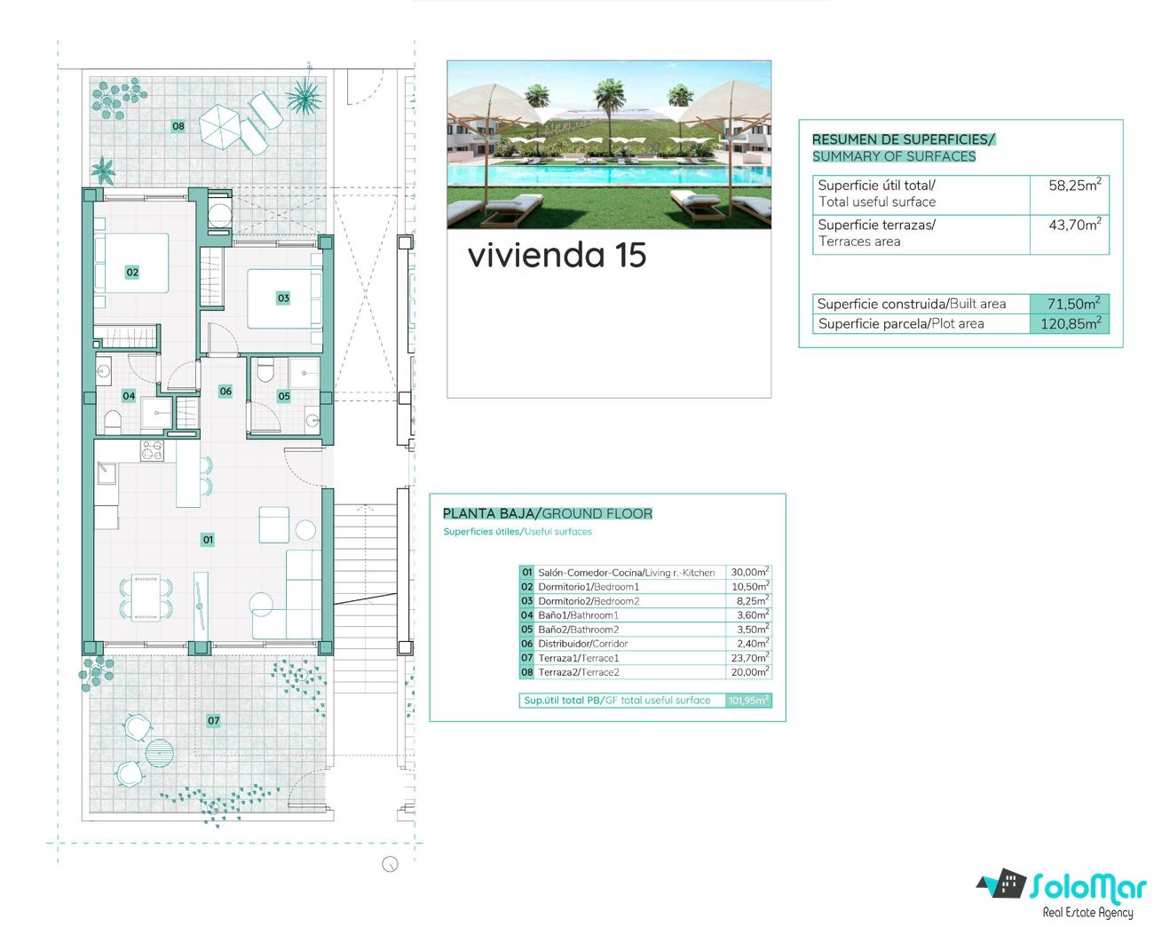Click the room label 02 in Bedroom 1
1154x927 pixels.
132,272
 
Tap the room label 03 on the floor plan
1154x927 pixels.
283,297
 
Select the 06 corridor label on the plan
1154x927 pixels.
225,391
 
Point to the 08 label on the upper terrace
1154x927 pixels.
178,126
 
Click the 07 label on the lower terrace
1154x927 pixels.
213,720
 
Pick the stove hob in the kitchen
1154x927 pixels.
152,451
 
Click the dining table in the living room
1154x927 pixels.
146,598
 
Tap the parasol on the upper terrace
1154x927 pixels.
220,127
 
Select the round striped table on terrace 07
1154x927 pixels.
160,753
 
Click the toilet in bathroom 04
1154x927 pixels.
112,422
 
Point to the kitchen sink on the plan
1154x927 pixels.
107,473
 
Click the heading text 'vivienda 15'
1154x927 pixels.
557,255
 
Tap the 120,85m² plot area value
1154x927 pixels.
1071,323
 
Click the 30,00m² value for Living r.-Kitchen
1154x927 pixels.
750,572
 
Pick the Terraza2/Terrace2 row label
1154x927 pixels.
579,672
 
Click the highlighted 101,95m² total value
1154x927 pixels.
748,700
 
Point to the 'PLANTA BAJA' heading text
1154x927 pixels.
488,513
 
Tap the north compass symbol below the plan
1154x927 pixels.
390,864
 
